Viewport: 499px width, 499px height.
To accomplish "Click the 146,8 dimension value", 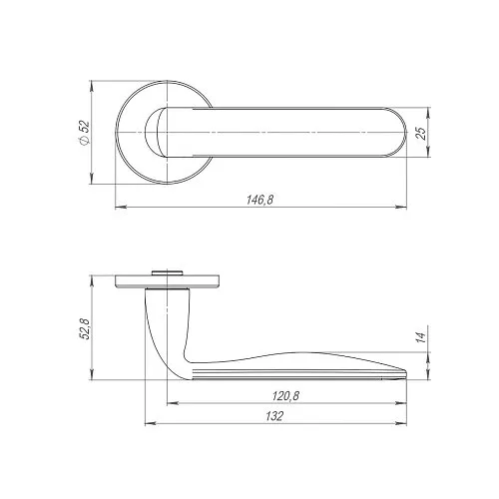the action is (x=260, y=200).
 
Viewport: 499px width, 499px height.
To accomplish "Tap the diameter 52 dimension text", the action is (x=85, y=133).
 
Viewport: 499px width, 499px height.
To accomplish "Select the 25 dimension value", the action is (x=421, y=133).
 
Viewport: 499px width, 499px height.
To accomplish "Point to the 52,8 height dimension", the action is (x=85, y=329).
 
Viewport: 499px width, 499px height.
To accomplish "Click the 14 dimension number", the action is (x=421, y=337).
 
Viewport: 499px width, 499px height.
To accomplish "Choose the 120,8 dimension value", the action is (x=286, y=396).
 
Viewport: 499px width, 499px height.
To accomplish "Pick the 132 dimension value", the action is (x=274, y=416).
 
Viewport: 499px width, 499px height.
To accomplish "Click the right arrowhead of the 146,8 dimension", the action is (x=401, y=208).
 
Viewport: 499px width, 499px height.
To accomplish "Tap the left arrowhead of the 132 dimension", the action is (x=151, y=424).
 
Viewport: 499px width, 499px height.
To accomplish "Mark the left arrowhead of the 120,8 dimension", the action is (x=172, y=403).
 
